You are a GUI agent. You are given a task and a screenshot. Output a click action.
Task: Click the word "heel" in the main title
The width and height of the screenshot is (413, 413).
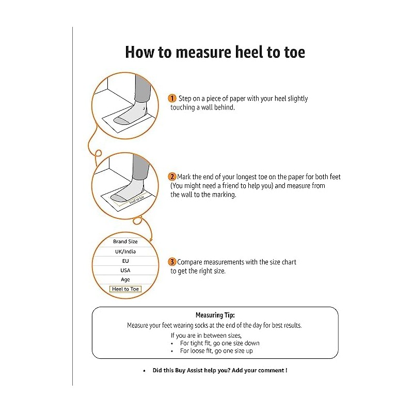[x=231, y=52]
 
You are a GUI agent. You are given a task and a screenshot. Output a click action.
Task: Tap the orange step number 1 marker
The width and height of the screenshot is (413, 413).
[x=172, y=98]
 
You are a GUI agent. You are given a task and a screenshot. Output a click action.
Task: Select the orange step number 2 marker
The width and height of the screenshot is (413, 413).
[x=172, y=177]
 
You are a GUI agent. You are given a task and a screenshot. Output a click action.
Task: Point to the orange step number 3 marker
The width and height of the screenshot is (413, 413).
[x=172, y=262]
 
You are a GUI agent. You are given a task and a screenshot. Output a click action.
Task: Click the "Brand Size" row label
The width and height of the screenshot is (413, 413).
[x=125, y=242]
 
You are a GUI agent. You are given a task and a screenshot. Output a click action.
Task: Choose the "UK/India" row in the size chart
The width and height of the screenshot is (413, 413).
[x=125, y=251]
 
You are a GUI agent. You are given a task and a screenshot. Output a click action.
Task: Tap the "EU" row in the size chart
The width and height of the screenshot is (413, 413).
[x=125, y=261]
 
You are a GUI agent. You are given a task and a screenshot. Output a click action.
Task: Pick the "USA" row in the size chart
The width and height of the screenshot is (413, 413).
[x=125, y=271]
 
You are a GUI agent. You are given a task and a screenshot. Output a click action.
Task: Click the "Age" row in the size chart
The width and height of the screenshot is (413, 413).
[x=125, y=280]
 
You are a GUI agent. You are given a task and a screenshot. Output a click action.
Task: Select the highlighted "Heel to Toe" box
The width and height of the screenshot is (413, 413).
[x=125, y=289]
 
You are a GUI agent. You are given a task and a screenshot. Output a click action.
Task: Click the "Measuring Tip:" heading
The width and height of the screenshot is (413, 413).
[x=215, y=315]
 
